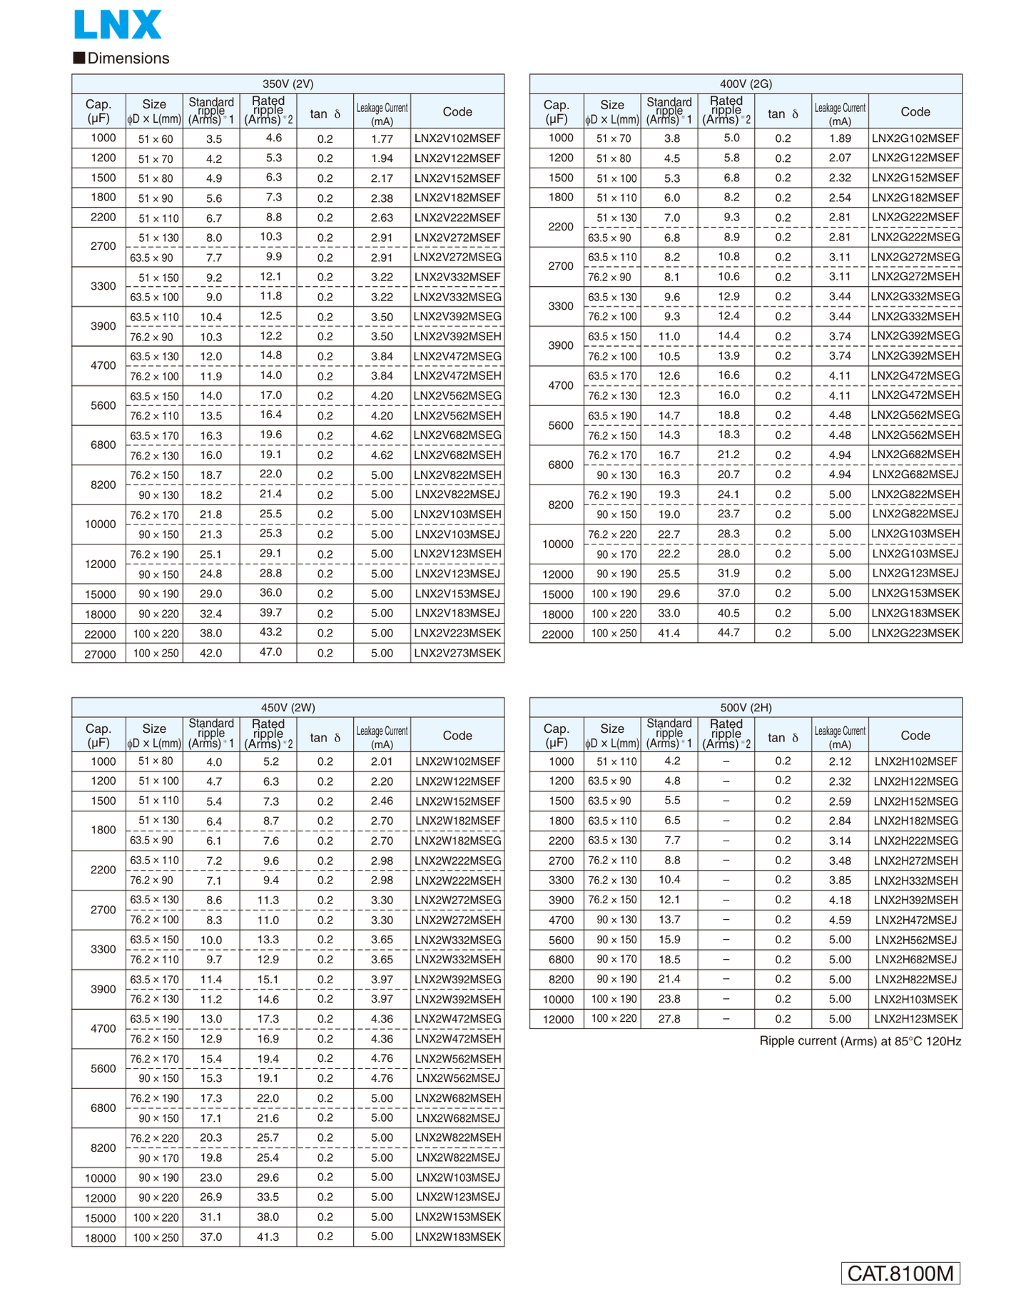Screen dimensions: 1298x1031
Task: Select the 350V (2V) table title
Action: click(x=288, y=83)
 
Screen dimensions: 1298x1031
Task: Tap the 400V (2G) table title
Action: click(x=746, y=83)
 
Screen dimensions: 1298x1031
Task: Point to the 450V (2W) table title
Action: click(x=288, y=707)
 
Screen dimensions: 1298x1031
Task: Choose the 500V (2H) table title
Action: click(x=746, y=707)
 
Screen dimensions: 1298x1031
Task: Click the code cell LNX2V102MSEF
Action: click(x=457, y=138)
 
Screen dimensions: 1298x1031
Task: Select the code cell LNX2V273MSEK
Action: click(x=457, y=653)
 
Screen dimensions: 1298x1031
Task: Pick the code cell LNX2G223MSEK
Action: click(x=915, y=633)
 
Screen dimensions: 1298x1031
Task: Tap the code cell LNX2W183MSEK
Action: click(x=457, y=1237)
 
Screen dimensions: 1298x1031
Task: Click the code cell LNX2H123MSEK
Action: click(x=915, y=1019)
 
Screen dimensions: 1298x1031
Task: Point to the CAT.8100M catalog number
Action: click(x=900, y=1273)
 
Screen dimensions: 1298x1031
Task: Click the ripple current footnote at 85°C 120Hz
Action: click(x=860, y=1041)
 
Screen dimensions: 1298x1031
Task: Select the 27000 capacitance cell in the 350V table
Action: click(x=100, y=654)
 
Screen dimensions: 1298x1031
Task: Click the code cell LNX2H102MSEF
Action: click(x=915, y=761)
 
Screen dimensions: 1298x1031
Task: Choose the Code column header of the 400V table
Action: click(x=915, y=111)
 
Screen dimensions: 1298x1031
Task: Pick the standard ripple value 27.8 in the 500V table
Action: click(x=669, y=1019)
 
